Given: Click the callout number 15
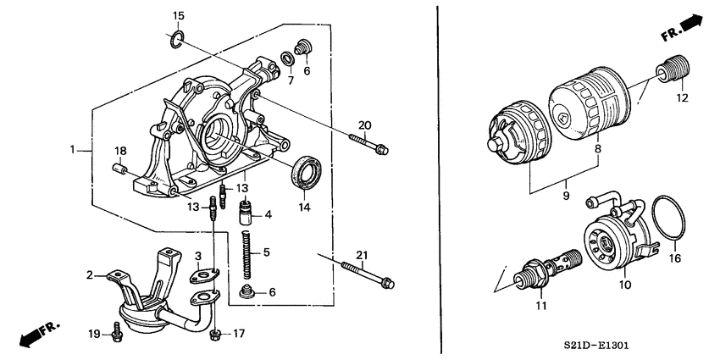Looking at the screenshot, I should click(178, 16).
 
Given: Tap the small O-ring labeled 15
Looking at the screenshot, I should click(176, 38).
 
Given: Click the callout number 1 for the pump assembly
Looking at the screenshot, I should click(74, 150).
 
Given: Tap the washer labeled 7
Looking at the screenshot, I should click(289, 58).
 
